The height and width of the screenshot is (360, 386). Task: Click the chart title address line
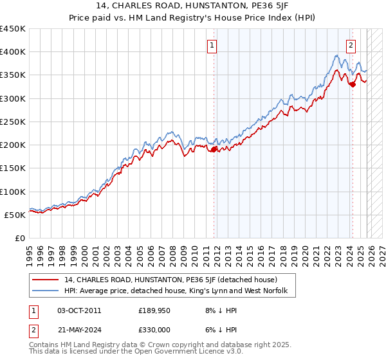click(192, 7)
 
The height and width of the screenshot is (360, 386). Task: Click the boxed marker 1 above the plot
click(212, 45)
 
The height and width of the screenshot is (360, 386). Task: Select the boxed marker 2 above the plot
click(351, 45)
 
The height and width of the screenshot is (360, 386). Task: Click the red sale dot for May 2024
click(353, 84)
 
